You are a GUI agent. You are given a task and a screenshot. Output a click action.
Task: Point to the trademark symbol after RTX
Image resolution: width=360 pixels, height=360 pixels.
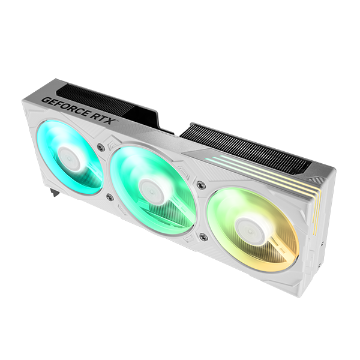coord(118,120)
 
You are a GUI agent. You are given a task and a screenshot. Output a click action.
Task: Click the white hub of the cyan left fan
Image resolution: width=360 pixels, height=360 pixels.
coord(70,157)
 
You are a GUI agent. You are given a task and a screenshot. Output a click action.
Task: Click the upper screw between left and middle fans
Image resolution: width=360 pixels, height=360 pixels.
coord(100,147)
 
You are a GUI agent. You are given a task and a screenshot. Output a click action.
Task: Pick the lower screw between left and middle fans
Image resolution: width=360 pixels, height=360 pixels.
coord(109,197)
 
